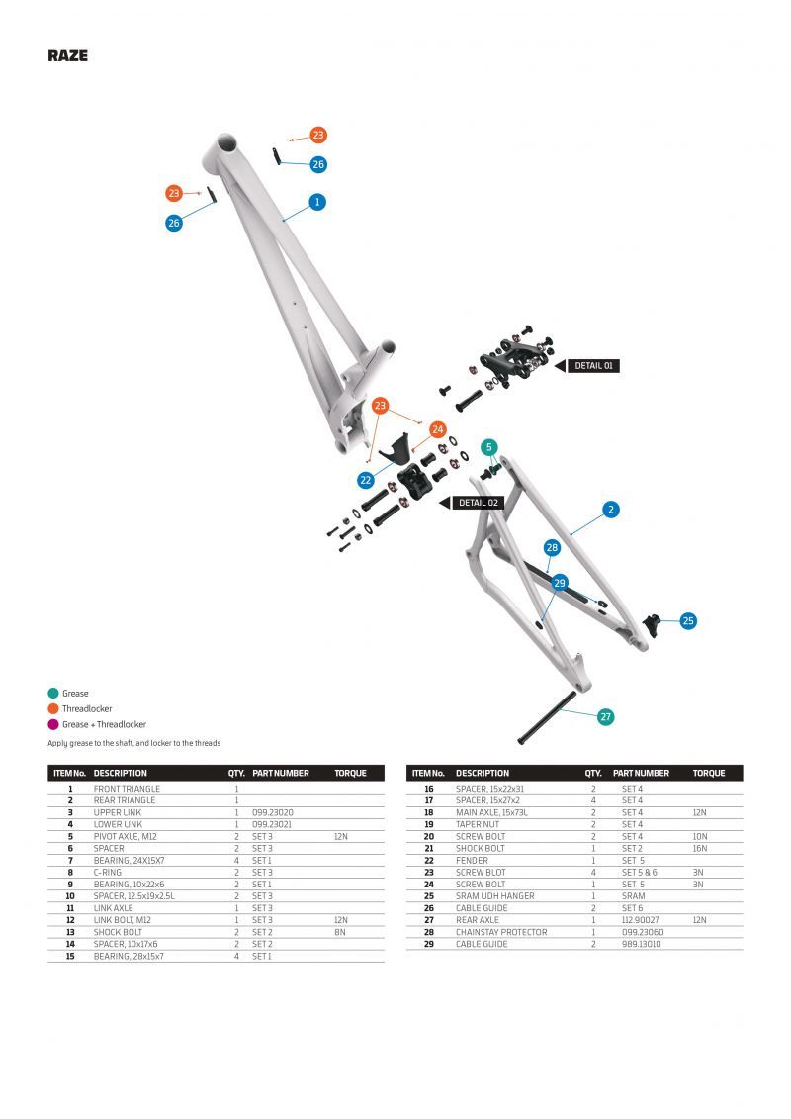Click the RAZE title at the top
(x=67, y=56)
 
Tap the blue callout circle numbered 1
(x=317, y=202)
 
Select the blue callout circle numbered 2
(x=611, y=510)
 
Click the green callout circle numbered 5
(x=488, y=447)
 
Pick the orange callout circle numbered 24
(x=438, y=430)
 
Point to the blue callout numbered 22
(x=366, y=480)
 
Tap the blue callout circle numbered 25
(x=688, y=621)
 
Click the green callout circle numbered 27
(x=606, y=717)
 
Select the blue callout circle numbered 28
(x=552, y=548)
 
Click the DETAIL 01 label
(x=594, y=366)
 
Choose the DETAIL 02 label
(x=479, y=503)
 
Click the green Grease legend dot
(x=53, y=694)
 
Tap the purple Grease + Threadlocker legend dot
(x=53, y=724)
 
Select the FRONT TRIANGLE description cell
(x=127, y=789)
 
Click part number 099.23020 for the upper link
(x=272, y=812)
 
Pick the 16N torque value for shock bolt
(x=700, y=848)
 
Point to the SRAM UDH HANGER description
(x=494, y=896)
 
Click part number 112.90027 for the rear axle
(x=642, y=920)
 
